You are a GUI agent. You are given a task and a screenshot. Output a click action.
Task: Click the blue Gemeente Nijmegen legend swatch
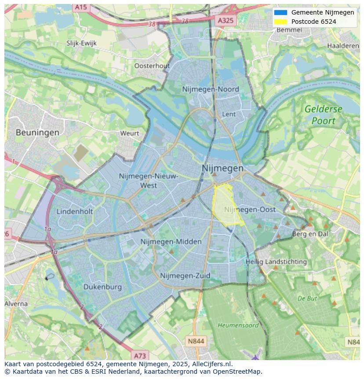point(280,12)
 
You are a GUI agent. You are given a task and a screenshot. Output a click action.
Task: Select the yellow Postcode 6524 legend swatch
point(280,22)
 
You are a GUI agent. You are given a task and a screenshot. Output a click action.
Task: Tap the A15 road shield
point(80,7)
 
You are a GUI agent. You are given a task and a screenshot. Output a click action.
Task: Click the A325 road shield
point(226,20)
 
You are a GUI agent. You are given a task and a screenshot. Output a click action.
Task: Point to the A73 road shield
point(140,355)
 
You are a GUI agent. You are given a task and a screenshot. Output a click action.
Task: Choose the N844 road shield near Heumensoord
point(196,341)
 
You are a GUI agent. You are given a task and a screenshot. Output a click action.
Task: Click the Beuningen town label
point(37,132)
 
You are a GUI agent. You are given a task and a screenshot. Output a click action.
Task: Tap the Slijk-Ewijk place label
point(81,43)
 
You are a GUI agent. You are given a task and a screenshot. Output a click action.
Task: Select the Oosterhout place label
point(152,66)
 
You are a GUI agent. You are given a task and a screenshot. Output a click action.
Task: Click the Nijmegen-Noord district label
point(211,89)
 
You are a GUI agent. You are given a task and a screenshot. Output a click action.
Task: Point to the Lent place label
point(229,114)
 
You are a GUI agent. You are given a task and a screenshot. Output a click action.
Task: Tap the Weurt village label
point(129,133)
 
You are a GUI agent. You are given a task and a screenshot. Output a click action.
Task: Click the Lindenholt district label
point(75,211)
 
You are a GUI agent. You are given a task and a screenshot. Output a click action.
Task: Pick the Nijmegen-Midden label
point(171,242)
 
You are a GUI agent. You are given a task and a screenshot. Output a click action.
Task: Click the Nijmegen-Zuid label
point(185,276)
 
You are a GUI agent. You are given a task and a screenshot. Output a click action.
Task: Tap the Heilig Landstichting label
point(276,261)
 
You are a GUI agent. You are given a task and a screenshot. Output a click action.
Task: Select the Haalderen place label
point(343,46)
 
